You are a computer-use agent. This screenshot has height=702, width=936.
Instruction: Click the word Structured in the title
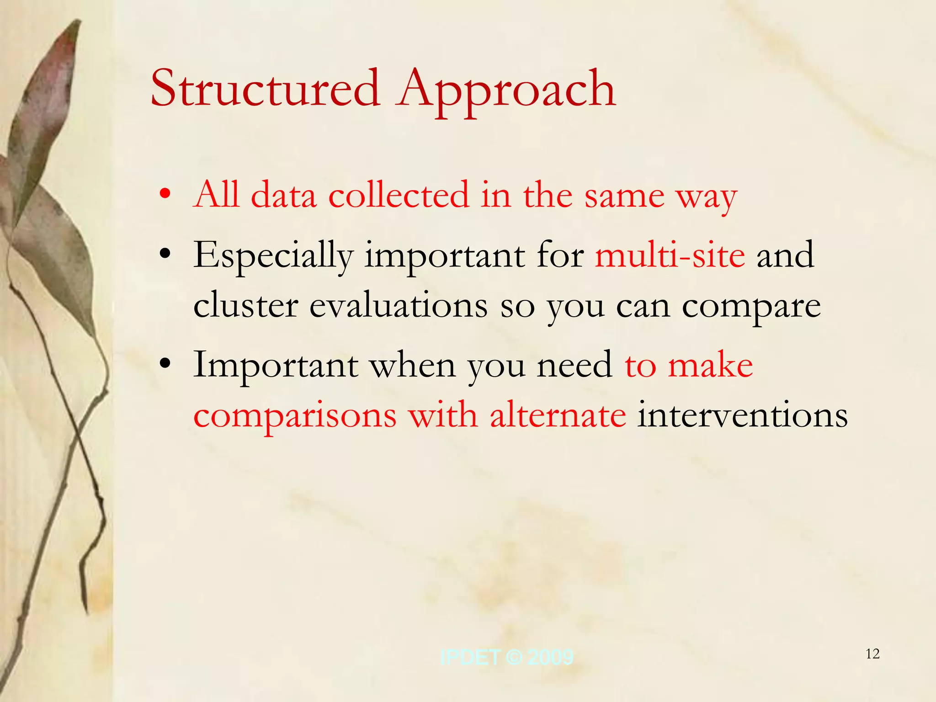(265, 89)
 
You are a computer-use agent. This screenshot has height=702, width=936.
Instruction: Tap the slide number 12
(872, 654)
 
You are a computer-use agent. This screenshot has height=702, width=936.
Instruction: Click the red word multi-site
(670, 255)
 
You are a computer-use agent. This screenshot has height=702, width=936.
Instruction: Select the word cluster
(245, 306)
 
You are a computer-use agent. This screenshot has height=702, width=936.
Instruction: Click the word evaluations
(399, 306)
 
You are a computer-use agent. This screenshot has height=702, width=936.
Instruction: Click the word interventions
(742, 415)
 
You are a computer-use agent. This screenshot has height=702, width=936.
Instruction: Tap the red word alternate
(558, 415)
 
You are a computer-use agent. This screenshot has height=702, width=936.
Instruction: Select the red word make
(710, 366)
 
